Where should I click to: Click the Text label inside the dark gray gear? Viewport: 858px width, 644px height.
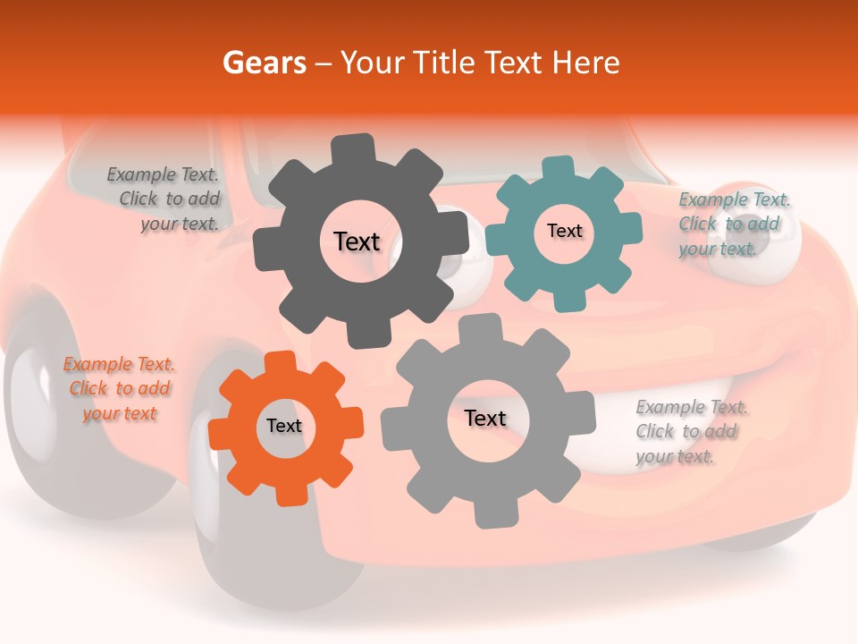click(357, 241)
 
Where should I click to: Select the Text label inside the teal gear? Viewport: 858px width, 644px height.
click(564, 231)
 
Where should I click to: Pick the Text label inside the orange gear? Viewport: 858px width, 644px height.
click(284, 426)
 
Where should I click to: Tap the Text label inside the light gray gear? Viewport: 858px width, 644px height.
click(485, 418)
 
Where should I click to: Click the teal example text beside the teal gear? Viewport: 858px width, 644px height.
click(733, 224)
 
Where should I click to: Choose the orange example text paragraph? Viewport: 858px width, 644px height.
click(119, 388)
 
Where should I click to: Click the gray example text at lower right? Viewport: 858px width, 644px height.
click(690, 431)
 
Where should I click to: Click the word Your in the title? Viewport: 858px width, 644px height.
click(374, 63)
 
